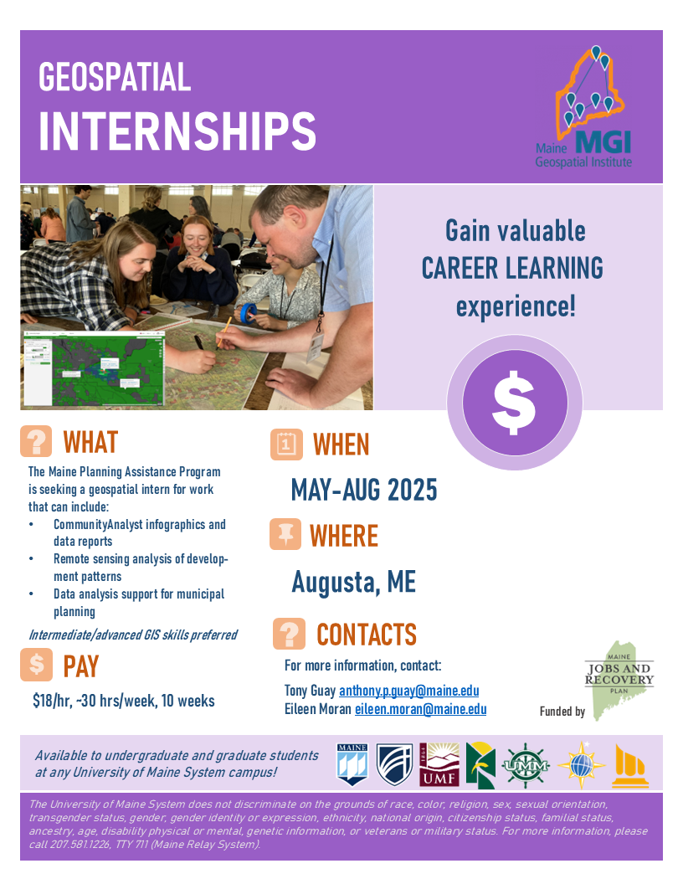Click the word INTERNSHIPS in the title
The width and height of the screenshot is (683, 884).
177,131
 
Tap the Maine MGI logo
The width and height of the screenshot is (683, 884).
584,107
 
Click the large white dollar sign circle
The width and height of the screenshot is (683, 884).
515,403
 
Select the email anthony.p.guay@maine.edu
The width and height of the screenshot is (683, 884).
409,691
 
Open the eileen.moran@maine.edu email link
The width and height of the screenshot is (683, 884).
420,709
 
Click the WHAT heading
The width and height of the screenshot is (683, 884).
90,442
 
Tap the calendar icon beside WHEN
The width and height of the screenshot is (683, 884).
286,445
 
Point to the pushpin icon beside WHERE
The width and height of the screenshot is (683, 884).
285,534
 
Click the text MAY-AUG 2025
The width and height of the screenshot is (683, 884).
364,490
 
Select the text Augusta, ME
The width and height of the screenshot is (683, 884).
354,582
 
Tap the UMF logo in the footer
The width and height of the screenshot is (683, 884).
439,764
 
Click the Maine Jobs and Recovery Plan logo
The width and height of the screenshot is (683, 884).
619,680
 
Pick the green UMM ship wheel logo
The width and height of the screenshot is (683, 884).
525,766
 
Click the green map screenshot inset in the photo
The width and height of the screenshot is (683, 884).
94,368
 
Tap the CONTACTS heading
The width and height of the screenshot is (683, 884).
367,635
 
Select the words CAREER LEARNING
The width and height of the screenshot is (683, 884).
512,268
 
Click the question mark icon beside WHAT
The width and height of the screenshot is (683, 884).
37,441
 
